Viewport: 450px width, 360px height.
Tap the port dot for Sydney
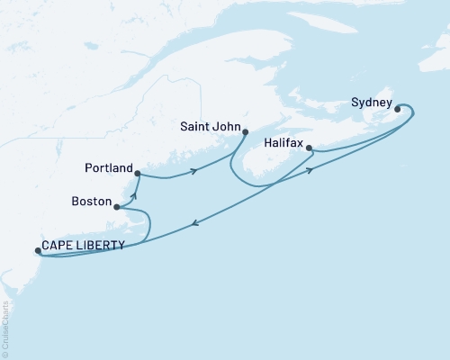pos(397,110)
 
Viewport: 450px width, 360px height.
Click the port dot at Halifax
pos(309,148)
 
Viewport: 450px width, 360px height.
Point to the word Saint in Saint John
pos(195,127)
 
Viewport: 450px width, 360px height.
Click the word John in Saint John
pos(224,127)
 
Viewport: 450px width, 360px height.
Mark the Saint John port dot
pos(245,131)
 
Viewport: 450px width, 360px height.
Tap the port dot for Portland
pos(137,173)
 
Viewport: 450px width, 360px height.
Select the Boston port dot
pos(116,207)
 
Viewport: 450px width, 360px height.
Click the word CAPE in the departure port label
pos(60,245)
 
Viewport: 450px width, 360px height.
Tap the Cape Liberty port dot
pos(37,251)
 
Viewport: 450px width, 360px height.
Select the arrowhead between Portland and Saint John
pos(193,171)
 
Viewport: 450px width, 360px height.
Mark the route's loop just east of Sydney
pos(412,112)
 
